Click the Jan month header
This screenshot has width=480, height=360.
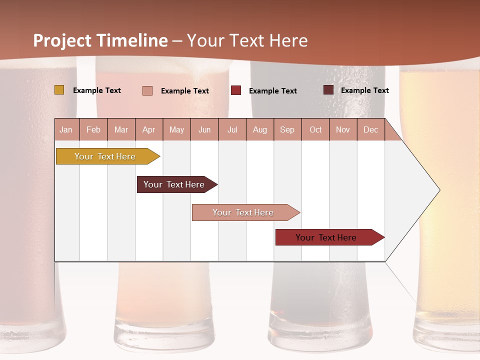(66, 130)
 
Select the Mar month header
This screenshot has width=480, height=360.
(121, 130)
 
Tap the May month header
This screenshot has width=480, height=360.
(176, 130)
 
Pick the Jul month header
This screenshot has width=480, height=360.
(232, 130)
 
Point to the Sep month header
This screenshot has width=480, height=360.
(287, 130)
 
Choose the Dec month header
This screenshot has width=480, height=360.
(370, 130)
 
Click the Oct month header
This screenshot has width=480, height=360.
(315, 130)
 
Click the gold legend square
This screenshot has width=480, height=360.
(59, 90)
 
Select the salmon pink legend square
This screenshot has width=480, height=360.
(147, 90)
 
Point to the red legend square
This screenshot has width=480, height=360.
(236, 90)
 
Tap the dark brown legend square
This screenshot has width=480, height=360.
(328, 90)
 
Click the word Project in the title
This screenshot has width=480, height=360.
(61, 40)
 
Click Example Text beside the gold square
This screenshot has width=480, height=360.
(97, 90)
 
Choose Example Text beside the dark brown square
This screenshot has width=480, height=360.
(364, 90)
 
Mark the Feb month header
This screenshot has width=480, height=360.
(93, 130)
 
